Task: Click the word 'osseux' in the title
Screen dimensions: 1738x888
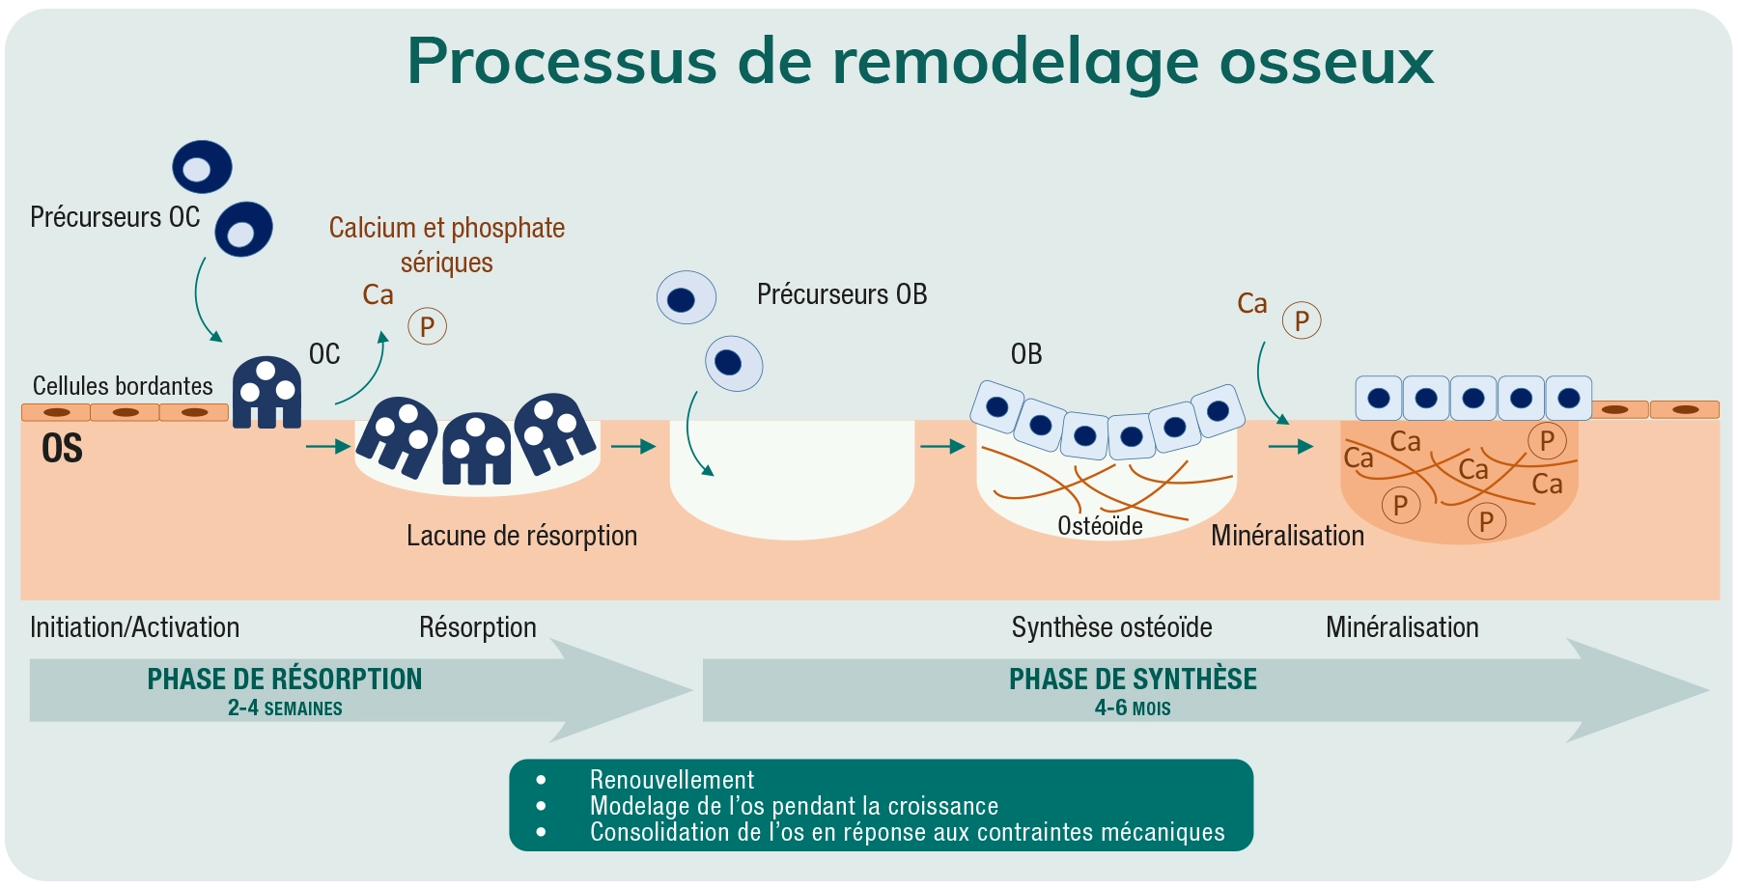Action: pos(1327,62)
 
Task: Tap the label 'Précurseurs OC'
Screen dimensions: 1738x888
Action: pos(115,217)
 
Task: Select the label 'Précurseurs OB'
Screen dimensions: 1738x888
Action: pos(842,294)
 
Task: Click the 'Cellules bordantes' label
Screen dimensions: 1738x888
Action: pos(123,386)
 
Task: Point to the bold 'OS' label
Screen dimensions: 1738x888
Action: pos(62,449)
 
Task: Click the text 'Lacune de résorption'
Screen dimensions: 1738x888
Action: pos(521,536)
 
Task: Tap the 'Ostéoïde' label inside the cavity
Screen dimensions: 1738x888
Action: pos(1100,526)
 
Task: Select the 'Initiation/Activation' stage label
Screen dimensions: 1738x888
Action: pos(134,627)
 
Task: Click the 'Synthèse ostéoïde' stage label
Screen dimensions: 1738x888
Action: pos(1111,627)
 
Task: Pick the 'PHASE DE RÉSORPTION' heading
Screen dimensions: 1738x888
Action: pos(285,680)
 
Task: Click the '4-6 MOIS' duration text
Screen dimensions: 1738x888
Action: pos(1133,708)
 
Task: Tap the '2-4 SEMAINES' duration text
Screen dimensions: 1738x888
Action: pos(285,708)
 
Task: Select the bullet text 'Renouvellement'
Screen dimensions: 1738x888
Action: pos(672,780)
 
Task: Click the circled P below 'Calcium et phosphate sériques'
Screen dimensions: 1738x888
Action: pos(427,326)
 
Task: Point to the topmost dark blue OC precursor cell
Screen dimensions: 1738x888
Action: pos(203,167)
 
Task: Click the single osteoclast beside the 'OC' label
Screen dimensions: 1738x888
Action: pos(266,393)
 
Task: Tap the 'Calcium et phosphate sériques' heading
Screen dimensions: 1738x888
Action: pos(447,245)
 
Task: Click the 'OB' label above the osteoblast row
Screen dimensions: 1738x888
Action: pos(1026,354)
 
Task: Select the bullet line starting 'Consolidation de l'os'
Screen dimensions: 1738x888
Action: pos(908,832)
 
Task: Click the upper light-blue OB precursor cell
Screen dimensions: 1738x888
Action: pos(687,297)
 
